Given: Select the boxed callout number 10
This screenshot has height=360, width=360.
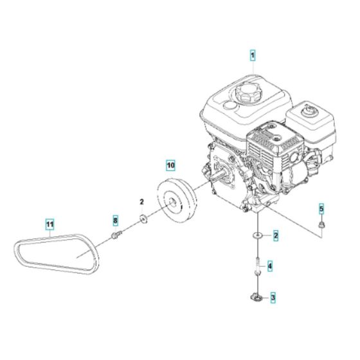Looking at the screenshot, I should tap(169, 165).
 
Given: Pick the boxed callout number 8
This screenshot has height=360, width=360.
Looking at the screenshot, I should tap(116, 221).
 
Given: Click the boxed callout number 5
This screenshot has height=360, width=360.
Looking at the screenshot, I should tap(323, 208).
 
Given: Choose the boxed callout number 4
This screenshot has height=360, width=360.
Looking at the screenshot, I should tap(270, 265).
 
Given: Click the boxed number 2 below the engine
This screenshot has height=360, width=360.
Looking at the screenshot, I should tap(275, 236).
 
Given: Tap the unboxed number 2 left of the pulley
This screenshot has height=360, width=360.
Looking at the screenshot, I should tap(142, 203).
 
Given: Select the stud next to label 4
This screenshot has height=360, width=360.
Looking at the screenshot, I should tap(256, 265).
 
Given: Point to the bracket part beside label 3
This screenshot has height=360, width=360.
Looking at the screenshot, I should tap(256, 296).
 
